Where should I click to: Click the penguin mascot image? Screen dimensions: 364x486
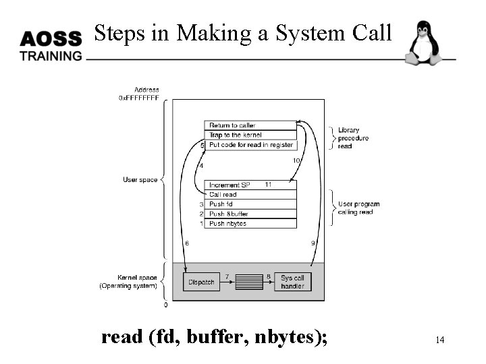pyautogui.click(x=423, y=43)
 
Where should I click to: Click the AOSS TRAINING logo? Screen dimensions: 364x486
pyautogui.click(x=51, y=46)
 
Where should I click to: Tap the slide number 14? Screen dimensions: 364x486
pyautogui.click(x=439, y=340)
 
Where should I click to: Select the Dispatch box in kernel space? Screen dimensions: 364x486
pyautogui.click(x=200, y=281)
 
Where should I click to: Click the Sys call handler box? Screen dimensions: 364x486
pyautogui.click(x=292, y=281)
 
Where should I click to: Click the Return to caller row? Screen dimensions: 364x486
pyautogui.click(x=250, y=125)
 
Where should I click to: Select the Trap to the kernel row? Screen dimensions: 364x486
pyautogui.click(x=250, y=135)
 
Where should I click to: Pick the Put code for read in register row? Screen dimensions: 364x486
pyautogui.click(x=250, y=145)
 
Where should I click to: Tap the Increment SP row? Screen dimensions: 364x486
pyautogui.click(x=250, y=185)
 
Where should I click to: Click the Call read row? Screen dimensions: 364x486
pyautogui.click(x=250, y=195)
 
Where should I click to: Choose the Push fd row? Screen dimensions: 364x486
pyautogui.click(x=250, y=204)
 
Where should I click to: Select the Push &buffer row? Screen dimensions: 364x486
pyautogui.click(x=250, y=214)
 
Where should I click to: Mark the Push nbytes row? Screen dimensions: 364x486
pyautogui.click(x=250, y=223)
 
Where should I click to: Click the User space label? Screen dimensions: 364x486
pyautogui.click(x=140, y=180)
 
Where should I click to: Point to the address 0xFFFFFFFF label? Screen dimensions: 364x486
pyautogui.click(x=139, y=98)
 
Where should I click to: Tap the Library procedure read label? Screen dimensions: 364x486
pyautogui.click(x=353, y=138)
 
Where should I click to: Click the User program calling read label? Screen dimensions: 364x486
pyautogui.click(x=358, y=208)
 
